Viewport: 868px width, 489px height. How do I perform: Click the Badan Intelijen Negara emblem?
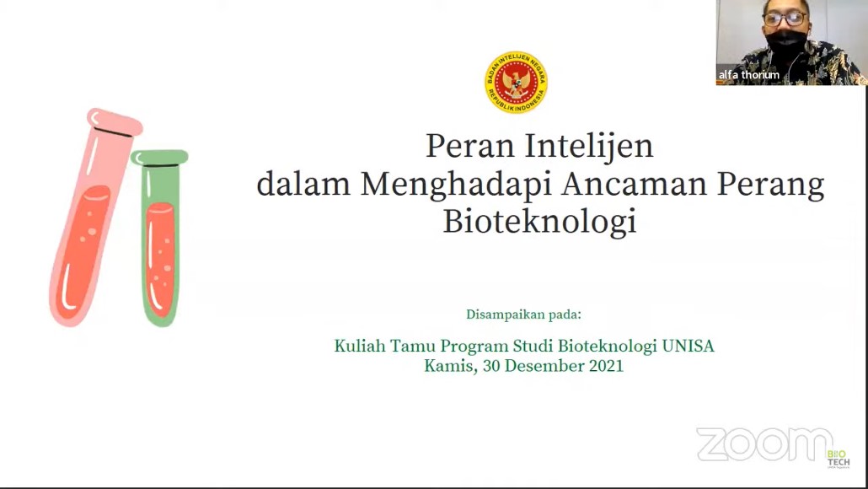[x=516, y=83]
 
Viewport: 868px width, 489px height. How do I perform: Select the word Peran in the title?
[x=470, y=147]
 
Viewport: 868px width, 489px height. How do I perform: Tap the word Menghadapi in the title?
[x=456, y=185]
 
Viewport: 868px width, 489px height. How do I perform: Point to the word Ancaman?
[x=634, y=185]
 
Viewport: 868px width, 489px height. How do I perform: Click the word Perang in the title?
[x=770, y=185]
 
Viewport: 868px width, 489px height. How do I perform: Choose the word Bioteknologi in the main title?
[x=539, y=222]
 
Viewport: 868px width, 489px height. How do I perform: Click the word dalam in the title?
[x=303, y=184]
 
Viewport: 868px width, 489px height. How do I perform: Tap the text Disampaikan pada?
[x=523, y=314]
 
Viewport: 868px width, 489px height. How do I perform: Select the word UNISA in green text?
[x=689, y=347]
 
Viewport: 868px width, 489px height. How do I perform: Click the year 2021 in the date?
[x=606, y=366]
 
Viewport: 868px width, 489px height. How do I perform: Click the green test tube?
[x=159, y=237]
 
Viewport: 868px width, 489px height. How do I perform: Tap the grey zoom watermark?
[x=764, y=444]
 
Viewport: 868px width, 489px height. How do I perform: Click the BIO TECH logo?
[x=839, y=459]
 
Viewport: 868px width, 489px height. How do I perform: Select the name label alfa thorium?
[x=748, y=75]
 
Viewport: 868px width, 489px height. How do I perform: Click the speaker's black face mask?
[x=785, y=44]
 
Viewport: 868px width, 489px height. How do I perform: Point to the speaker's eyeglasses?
[x=785, y=19]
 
